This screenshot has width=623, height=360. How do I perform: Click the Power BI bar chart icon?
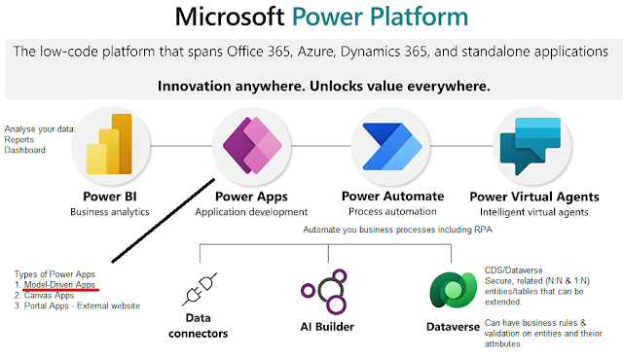[x=109, y=144]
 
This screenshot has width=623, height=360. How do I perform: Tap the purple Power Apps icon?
[x=253, y=145]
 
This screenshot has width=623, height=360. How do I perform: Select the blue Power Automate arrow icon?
[x=392, y=146]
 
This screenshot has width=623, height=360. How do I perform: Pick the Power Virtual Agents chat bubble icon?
[x=531, y=146]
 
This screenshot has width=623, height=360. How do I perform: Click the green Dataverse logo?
[x=453, y=290]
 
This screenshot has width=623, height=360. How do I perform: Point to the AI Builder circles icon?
[x=324, y=291]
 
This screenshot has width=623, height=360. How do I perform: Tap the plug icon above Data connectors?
[x=200, y=289]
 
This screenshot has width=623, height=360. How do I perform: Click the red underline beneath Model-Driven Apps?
[x=60, y=290]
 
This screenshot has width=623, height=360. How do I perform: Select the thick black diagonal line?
[x=164, y=221]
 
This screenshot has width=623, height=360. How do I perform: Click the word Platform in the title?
[x=420, y=17]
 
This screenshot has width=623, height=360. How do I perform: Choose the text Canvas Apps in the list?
[x=49, y=296]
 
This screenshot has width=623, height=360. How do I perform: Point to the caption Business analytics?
[x=110, y=212]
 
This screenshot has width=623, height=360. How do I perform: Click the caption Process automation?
[x=392, y=211]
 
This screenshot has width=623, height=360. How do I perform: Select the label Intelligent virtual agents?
[x=534, y=212]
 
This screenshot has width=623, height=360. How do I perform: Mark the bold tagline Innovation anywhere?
[x=231, y=87]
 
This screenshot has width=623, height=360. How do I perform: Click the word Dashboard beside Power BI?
[x=24, y=150]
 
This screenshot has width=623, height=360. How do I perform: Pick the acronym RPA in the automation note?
[x=483, y=230]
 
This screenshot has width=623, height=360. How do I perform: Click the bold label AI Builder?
[x=327, y=327]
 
